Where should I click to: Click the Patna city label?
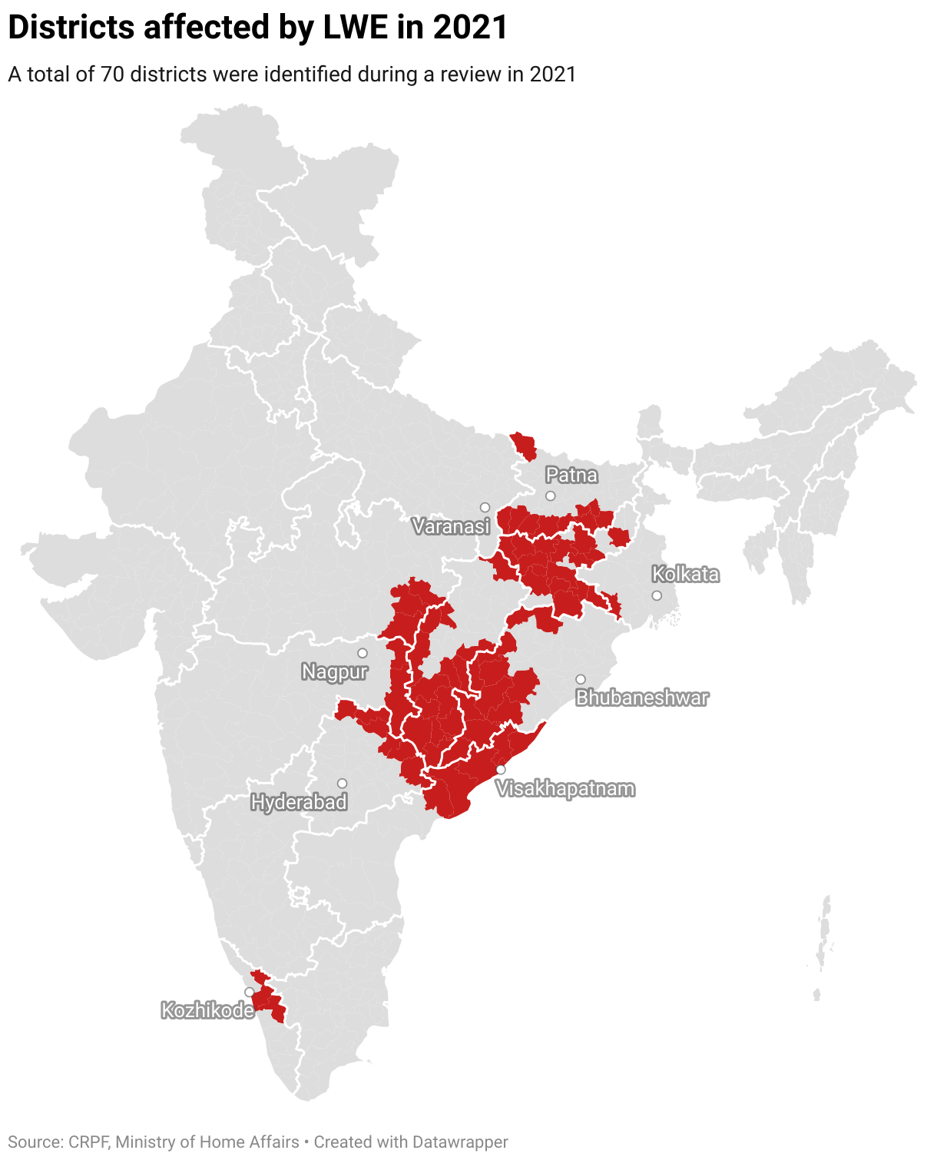click(571, 476)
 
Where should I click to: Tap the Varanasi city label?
click(451, 526)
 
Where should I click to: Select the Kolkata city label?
click(685, 574)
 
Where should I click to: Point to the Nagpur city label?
click(334, 672)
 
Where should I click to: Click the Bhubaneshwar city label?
click(642, 698)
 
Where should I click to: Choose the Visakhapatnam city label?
click(565, 789)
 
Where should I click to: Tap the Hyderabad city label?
click(299, 803)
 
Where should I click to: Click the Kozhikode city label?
click(207, 1010)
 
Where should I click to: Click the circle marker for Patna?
click(550, 495)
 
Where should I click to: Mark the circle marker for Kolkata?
click(657, 595)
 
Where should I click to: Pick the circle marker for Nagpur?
click(363, 653)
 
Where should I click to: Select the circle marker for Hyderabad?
click(342, 784)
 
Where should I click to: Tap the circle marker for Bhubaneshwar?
click(581, 679)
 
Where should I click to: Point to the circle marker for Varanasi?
click(485, 507)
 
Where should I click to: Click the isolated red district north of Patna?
click(524, 446)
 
